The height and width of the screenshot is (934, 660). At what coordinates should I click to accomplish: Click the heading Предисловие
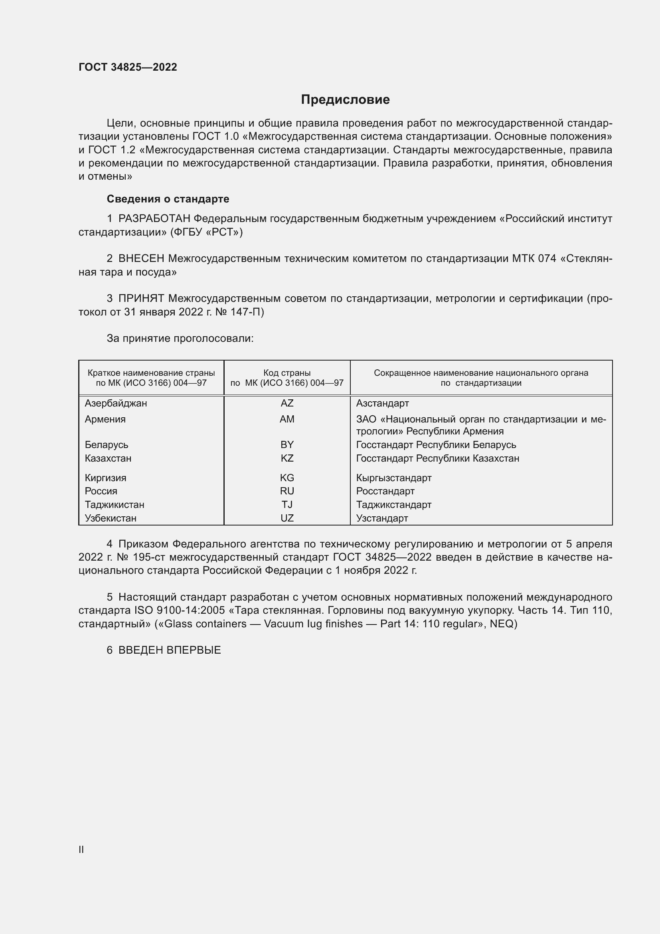tap(345, 100)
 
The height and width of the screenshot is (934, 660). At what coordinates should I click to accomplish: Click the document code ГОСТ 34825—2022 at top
tap(128, 67)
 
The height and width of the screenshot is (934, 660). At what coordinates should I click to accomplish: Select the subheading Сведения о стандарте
tap(168, 199)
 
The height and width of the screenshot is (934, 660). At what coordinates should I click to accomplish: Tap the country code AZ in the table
tap(287, 403)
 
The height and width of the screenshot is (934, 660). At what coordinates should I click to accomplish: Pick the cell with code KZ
tap(287, 458)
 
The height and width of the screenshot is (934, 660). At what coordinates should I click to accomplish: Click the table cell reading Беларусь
tap(107, 444)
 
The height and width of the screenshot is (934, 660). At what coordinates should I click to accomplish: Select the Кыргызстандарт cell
tap(393, 478)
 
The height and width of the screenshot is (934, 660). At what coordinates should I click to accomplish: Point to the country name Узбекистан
tap(111, 518)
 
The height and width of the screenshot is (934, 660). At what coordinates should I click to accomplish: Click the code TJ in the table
tap(287, 504)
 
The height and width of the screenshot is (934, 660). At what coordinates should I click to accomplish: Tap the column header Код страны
tap(287, 373)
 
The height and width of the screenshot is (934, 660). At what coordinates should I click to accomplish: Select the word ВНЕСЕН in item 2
tap(141, 258)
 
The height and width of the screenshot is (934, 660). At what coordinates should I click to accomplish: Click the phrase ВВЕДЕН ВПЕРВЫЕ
tap(170, 650)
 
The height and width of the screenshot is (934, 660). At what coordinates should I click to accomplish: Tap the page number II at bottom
tap(81, 849)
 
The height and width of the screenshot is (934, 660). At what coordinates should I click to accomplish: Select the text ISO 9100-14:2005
tap(179, 610)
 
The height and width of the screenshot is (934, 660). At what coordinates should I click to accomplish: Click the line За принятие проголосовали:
tap(180, 339)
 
